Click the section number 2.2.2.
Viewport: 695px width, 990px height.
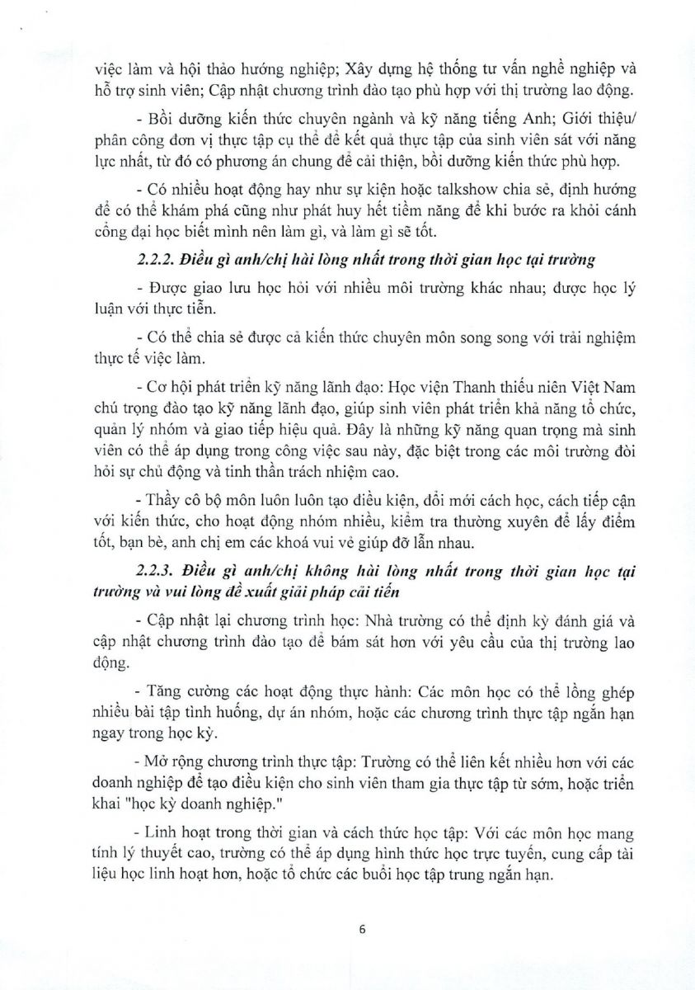pyautogui.click(x=151, y=260)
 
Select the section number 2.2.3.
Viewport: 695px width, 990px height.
pyautogui.click(x=152, y=570)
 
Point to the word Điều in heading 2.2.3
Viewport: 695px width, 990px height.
pyautogui.click(x=206, y=570)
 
